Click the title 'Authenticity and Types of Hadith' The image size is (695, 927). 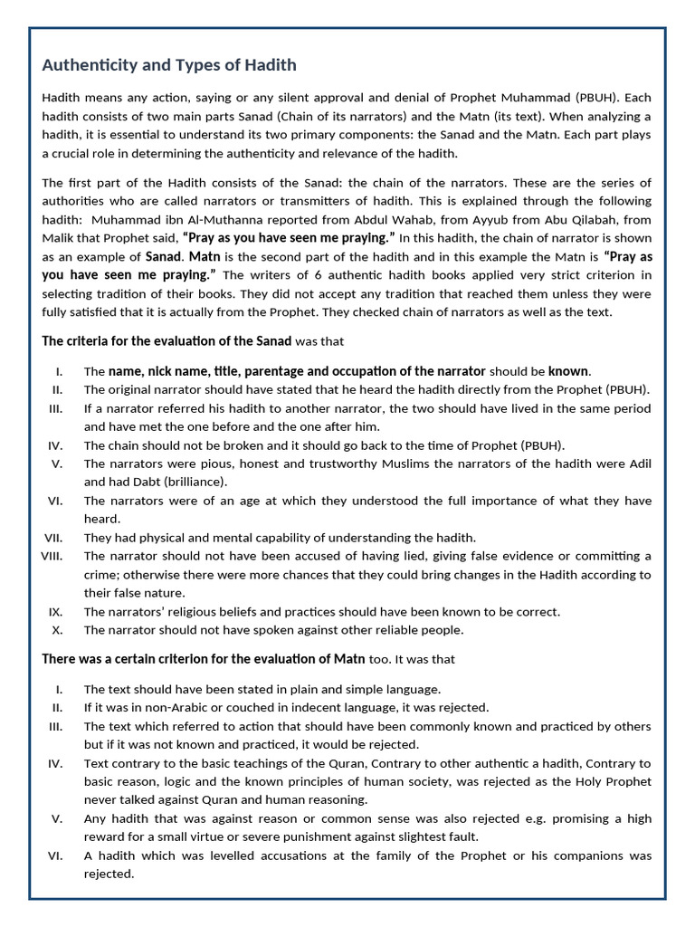pyautogui.click(x=169, y=65)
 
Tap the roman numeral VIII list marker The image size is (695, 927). pyautogui.click(x=51, y=556)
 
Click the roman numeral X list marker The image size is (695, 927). pyautogui.click(x=57, y=630)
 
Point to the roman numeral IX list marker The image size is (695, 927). pyautogui.click(x=55, y=612)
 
